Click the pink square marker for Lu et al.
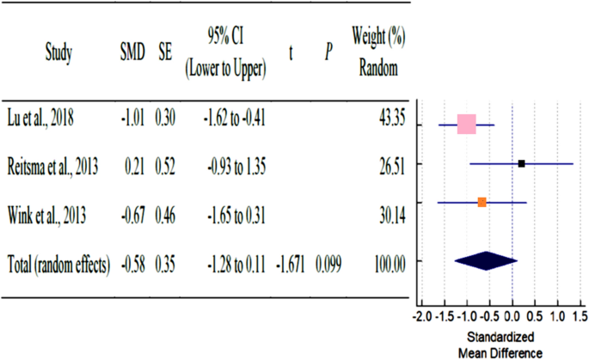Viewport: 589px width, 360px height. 466,125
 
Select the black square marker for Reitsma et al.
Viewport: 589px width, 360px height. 522,163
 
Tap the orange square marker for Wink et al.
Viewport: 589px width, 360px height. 482,202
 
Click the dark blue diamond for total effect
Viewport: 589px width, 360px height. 485,260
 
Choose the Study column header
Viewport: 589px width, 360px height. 58,53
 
